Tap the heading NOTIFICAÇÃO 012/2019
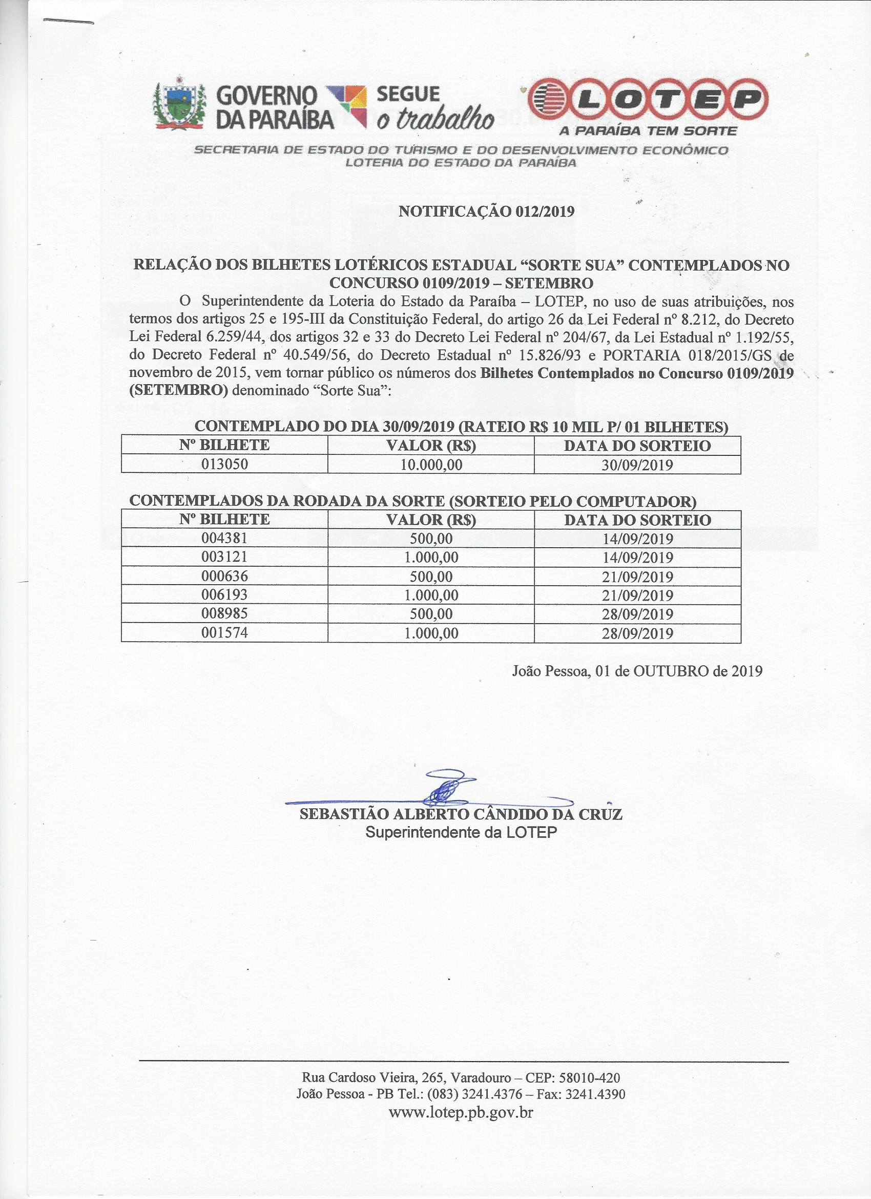point(486,211)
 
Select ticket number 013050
point(224,465)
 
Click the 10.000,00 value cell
point(431,465)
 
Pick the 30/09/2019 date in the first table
point(637,465)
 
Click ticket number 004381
point(224,538)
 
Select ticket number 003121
point(224,557)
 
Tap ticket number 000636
point(224,576)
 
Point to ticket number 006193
point(224,595)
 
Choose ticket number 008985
point(224,614)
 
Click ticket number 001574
point(224,633)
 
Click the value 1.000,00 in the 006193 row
point(431,595)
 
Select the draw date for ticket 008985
point(637,614)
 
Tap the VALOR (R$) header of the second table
point(431,519)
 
